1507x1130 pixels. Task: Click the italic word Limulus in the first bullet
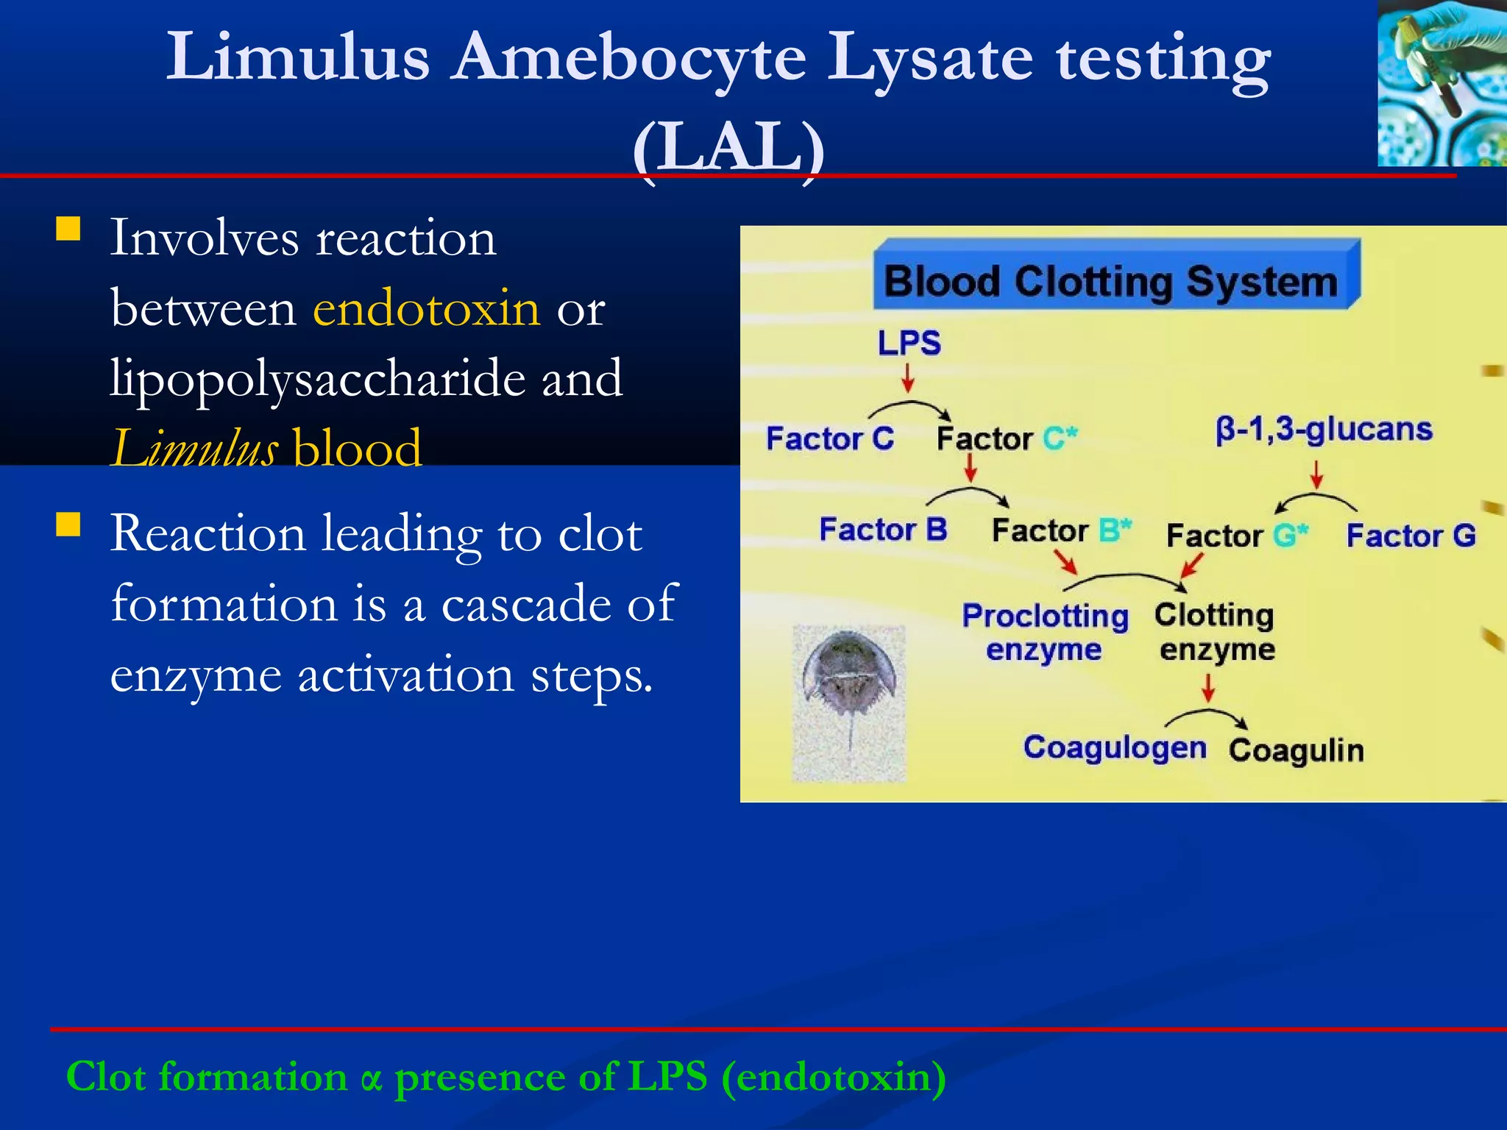(194, 448)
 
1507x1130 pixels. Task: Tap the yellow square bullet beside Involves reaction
(68, 230)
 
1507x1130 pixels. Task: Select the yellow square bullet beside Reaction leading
(68, 525)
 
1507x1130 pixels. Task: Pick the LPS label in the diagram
(909, 343)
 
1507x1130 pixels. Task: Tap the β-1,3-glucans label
(1324, 429)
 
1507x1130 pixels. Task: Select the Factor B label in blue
(883, 530)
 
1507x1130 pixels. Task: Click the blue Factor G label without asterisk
(1411, 536)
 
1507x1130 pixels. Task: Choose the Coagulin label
(1296, 750)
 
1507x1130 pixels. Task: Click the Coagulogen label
(1115, 747)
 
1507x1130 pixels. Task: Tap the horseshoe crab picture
(849, 703)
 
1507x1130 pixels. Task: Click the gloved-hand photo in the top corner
(1442, 82)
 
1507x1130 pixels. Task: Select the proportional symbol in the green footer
(372, 1079)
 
